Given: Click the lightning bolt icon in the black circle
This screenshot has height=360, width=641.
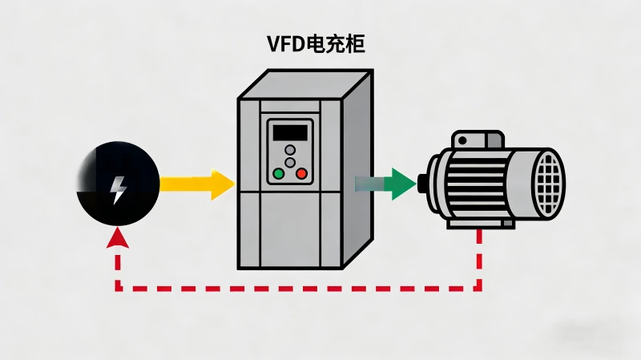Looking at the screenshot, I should (118, 190).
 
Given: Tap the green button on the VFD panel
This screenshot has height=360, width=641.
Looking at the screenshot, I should (279, 173).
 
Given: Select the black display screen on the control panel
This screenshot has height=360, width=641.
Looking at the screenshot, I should (289, 132).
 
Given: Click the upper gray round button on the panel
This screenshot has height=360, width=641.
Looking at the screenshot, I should (290, 150).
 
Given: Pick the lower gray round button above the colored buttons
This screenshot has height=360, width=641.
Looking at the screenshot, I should (290, 163).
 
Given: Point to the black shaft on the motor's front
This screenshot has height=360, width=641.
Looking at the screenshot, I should (421, 184).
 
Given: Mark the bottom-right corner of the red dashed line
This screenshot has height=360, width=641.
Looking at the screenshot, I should (481, 288).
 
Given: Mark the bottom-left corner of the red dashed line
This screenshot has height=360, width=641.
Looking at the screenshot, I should (118, 288).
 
